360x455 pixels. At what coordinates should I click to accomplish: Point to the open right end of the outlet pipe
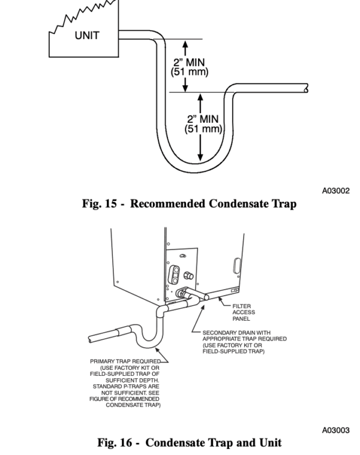click(x=306, y=88)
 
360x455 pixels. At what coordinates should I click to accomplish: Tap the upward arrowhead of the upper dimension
click(x=185, y=44)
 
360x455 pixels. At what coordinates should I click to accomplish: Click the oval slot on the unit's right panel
click(x=235, y=264)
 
